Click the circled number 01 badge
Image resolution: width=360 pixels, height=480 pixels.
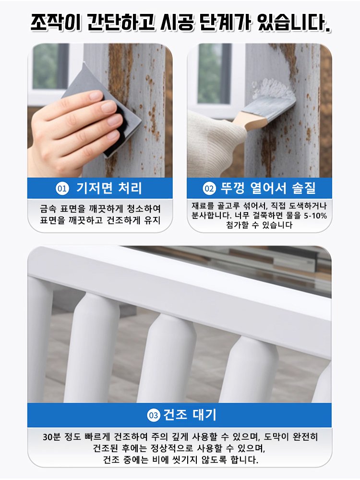pyautogui.click(x=62, y=189)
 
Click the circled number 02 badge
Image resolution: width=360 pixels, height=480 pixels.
pyautogui.click(x=209, y=189)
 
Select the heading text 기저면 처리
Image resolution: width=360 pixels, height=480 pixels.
pyautogui.click(x=109, y=188)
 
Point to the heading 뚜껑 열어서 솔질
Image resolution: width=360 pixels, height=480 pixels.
pyautogui.click(x=268, y=188)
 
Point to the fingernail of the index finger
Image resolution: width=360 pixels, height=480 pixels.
pyautogui.click(x=96, y=96)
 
